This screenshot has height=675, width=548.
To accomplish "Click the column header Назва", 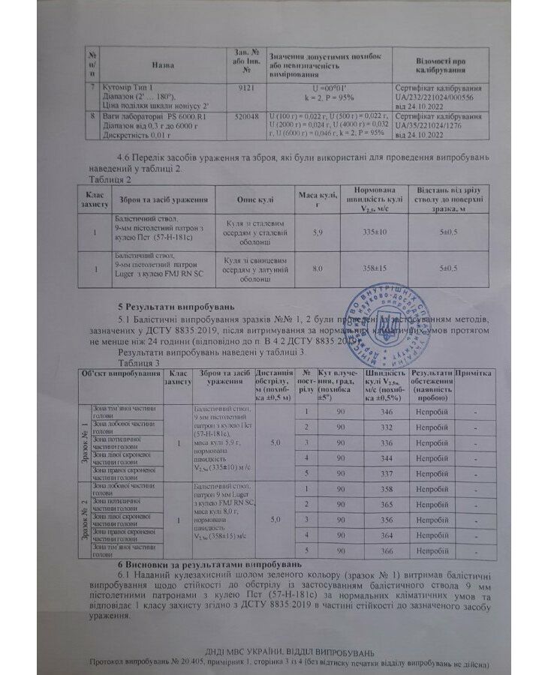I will pyautogui.click(x=162, y=65).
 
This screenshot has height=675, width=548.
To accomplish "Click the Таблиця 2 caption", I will pyautogui.click(x=111, y=180).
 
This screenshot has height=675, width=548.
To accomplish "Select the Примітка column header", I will pyautogui.click(x=474, y=373).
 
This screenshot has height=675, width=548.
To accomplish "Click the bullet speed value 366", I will pyautogui.click(x=386, y=550).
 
